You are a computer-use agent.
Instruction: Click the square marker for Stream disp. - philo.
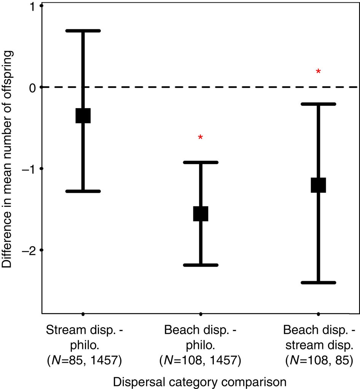click(83, 115)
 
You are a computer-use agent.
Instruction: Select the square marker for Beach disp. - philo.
click(201, 213)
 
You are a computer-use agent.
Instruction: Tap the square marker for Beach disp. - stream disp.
click(319, 185)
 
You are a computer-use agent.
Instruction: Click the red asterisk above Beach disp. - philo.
click(201, 138)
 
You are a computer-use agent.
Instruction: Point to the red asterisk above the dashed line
click(319, 72)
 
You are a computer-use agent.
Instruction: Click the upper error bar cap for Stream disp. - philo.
click(83, 30)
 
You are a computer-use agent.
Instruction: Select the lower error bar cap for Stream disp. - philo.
click(83, 191)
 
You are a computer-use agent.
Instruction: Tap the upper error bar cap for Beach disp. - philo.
click(201, 162)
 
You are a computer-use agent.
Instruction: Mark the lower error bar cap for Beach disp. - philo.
click(201, 265)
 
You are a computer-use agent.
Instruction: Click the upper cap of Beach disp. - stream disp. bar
click(319, 104)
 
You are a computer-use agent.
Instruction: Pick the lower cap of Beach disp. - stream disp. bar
click(319, 283)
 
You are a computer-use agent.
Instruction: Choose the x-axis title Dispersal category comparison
click(201, 381)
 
